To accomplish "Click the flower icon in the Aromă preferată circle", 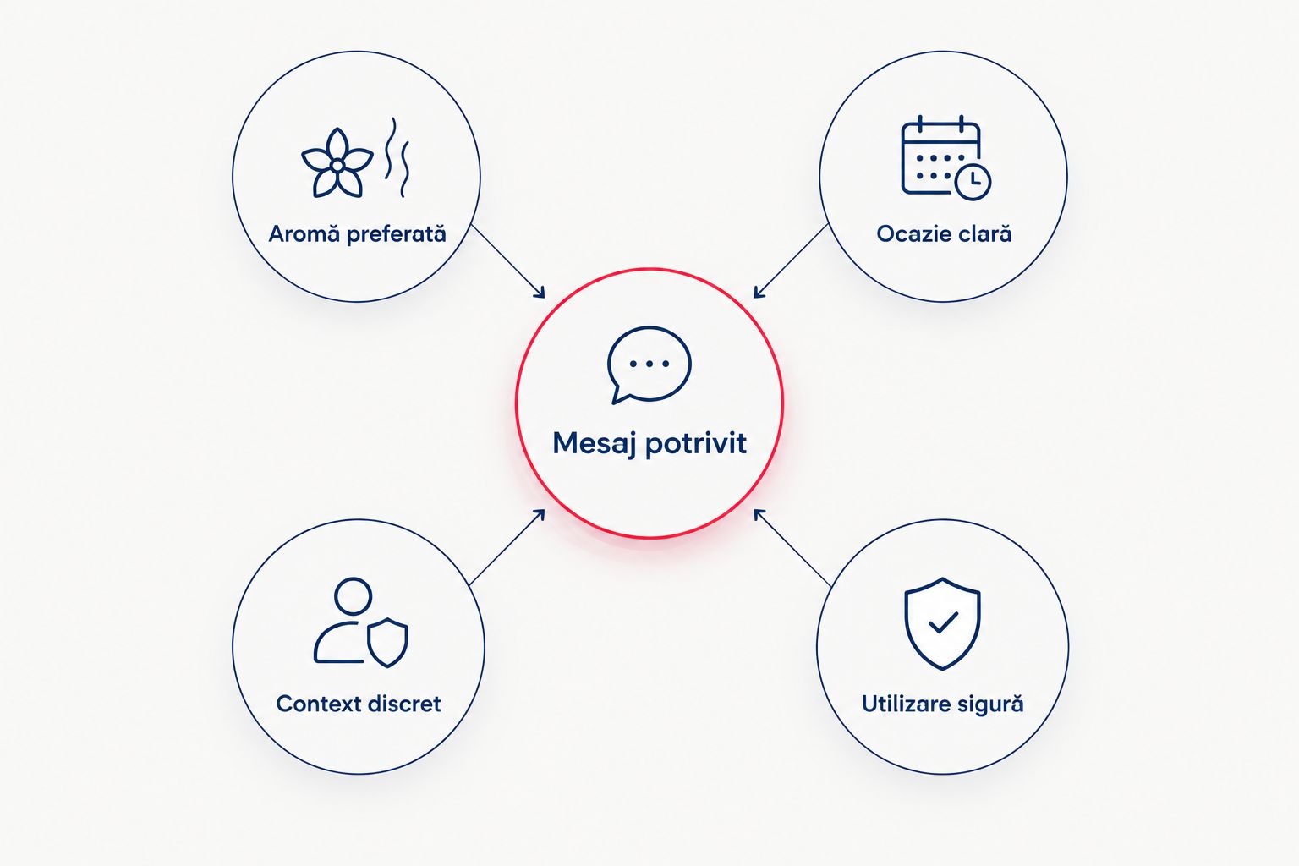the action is pos(337,164).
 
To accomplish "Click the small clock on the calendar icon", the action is pos(973,182).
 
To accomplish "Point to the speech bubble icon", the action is pos(649,364).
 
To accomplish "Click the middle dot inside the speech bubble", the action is pos(649,364).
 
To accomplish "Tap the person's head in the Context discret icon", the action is pos(353,596).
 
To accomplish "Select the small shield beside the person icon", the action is pos(388,643).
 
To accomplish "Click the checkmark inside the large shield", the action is pos(943,622).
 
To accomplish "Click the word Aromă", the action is pos(304,233).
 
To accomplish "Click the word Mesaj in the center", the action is pos(595,444).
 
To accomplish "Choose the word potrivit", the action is pos(696,444).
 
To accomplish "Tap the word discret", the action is pos(405,704).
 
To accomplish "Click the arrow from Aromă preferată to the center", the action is pos(508,261).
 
